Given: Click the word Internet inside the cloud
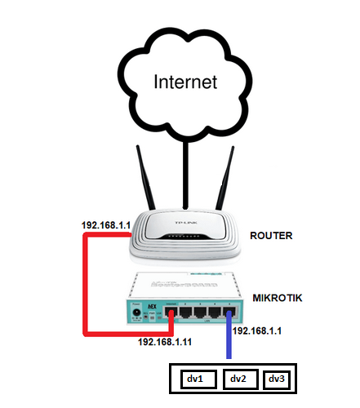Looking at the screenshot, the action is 185,82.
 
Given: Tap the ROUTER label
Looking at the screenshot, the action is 271,236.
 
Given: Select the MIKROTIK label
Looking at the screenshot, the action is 278,298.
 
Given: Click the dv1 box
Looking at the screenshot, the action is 198,379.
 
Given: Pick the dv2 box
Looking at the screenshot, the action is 241,379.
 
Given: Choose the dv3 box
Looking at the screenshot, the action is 277,379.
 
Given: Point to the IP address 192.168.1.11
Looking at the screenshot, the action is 165,342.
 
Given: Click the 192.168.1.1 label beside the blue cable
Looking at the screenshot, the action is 257,330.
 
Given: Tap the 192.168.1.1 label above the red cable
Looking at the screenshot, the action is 106,225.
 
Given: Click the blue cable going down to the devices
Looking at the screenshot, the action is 229,335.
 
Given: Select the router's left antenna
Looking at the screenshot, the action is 145,177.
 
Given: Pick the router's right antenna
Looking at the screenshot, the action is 225,178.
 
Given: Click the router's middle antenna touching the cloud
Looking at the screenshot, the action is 185,175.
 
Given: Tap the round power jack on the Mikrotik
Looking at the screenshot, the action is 136,313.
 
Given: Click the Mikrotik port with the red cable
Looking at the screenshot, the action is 171,313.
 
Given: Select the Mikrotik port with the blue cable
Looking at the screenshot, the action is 229,313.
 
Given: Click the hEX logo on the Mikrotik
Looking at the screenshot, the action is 152,307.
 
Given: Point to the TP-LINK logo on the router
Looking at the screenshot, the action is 186,223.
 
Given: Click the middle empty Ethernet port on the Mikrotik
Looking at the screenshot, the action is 200,313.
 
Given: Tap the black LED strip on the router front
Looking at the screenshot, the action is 185,237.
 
